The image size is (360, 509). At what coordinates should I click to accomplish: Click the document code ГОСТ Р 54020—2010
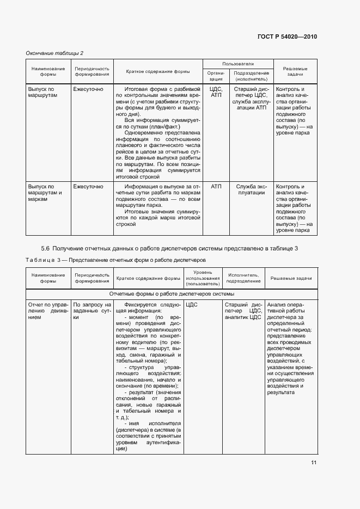point(287,36)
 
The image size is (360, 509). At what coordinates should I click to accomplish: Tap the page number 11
point(314,463)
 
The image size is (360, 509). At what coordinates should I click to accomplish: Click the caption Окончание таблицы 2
point(54,53)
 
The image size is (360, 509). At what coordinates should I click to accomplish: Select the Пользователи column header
point(237,64)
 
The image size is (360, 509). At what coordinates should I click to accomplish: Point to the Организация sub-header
point(216,76)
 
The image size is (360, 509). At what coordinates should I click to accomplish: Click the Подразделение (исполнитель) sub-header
point(251,76)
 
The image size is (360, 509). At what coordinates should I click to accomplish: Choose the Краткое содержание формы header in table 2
point(158,71)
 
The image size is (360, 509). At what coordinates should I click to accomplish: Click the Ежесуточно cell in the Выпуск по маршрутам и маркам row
point(88,187)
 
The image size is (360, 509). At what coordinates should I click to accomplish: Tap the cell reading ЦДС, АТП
point(216,91)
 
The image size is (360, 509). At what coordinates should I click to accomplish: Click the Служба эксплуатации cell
point(251,189)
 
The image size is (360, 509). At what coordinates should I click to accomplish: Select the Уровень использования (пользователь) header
point(202,278)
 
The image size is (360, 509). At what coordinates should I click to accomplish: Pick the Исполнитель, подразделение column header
point(243,278)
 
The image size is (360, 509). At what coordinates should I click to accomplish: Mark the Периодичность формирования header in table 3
point(91,278)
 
